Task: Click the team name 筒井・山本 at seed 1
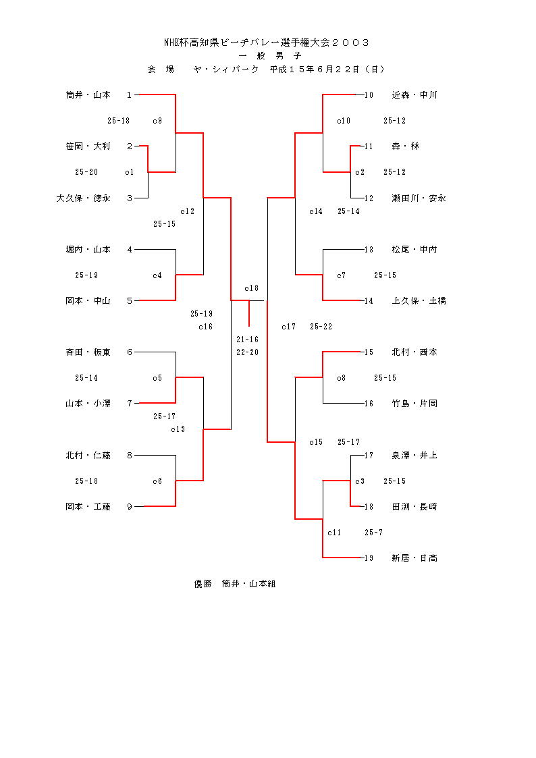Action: coord(88,95)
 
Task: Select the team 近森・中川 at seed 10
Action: coord(414,95)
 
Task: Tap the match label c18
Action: coord(252,288)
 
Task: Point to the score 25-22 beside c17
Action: coord(321,327)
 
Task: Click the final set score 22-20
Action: coord(248,352)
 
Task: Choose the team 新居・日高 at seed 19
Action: coord(414,558)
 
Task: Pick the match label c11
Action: coord(334,533)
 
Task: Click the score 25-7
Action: coord(373,533)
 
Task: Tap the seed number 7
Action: coord(130,404)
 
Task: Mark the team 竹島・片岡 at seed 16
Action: coord(414,404)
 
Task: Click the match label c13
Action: coord(178,429)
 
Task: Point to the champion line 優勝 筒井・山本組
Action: coord(235,584)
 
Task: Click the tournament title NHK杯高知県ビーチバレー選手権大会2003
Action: coord(267,43)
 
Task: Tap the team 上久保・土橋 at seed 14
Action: coord(419,301)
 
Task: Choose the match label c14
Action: coord(316,211)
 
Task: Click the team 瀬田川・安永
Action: coord(419,198)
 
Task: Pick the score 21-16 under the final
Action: coord(248,340)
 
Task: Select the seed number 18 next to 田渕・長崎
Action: coord(369,507)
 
